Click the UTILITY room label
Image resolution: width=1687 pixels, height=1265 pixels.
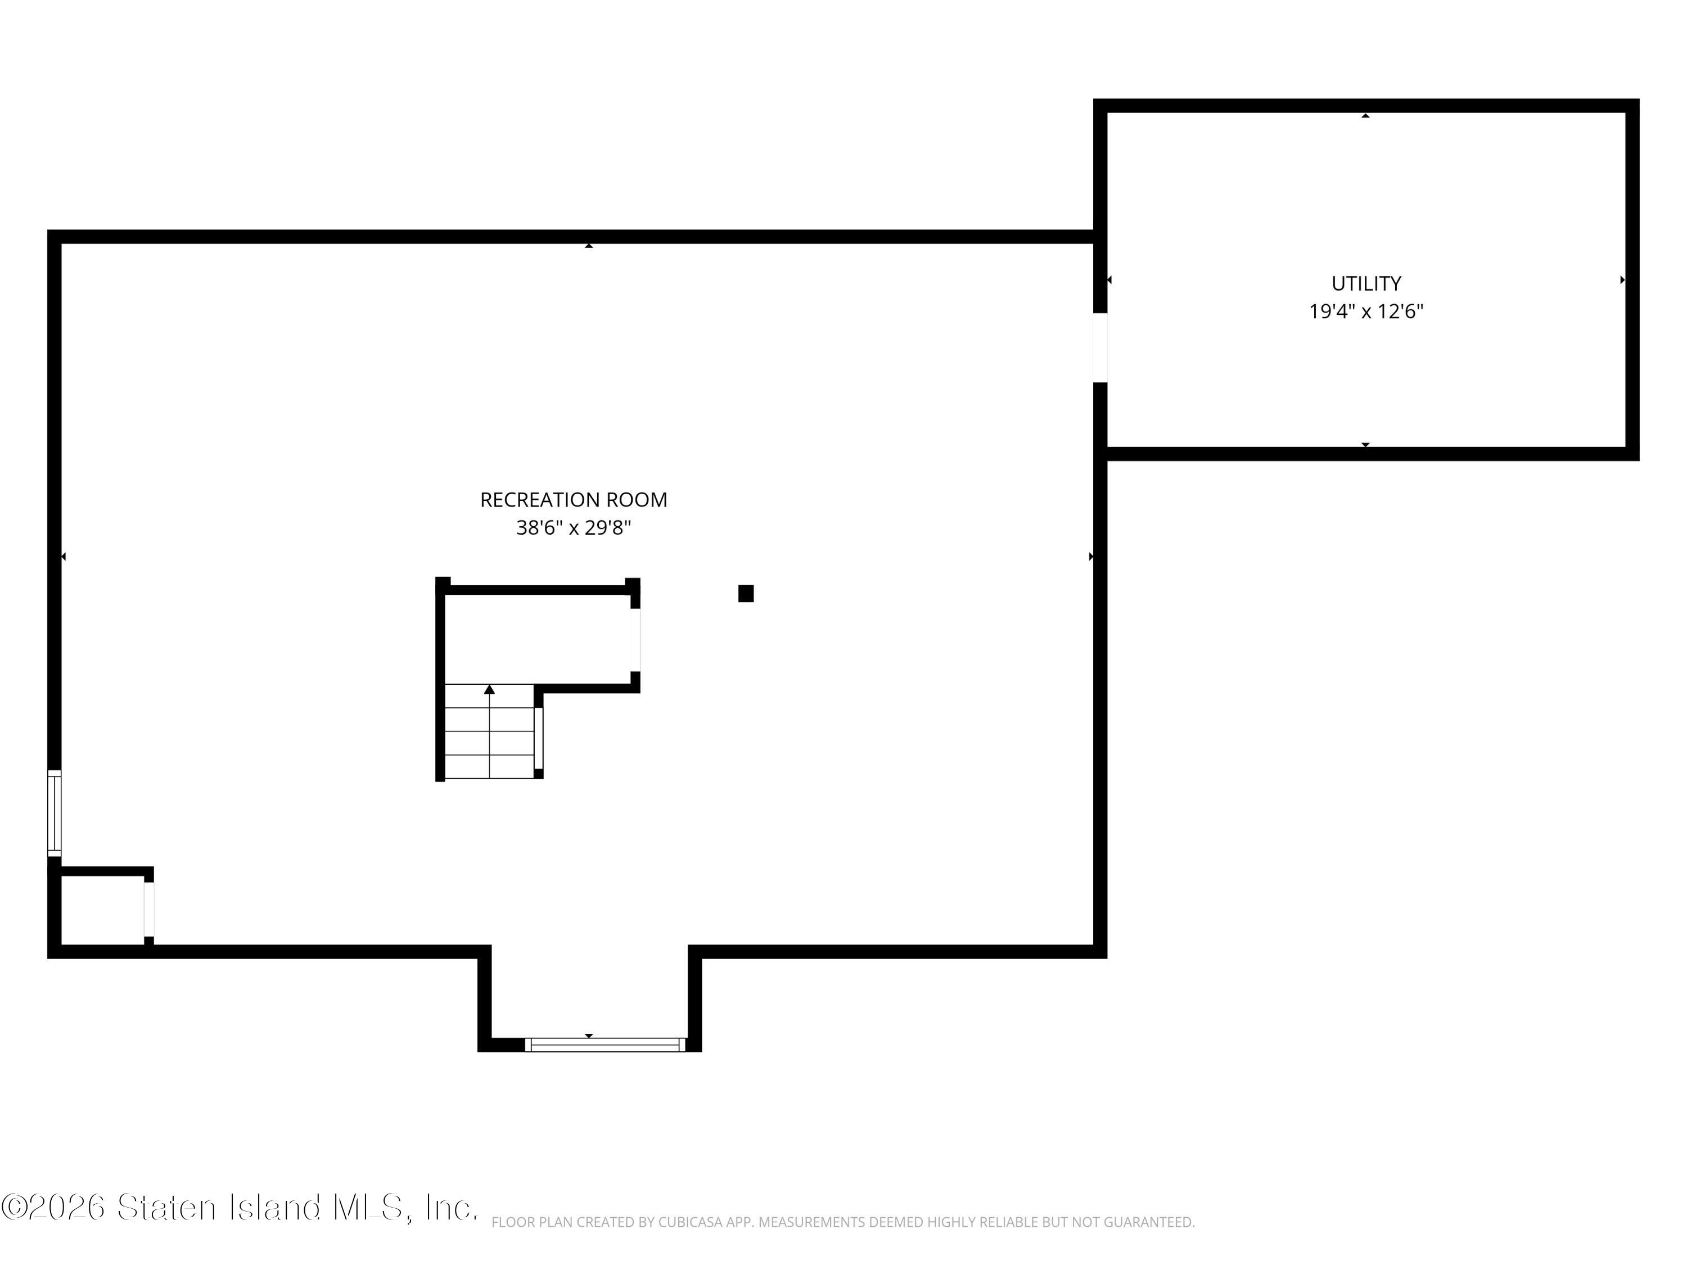(x=1366, y=284)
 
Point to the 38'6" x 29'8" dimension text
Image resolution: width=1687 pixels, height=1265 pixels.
(x=574, y=528)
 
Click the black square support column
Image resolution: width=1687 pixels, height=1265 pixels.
(x=746, y=593)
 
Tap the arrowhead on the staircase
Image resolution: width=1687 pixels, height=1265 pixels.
(x=490, y=689)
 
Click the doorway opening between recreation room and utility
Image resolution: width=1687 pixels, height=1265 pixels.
(x=1100, y=347)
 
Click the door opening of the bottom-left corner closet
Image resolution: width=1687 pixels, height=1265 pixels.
(x=148, y=909)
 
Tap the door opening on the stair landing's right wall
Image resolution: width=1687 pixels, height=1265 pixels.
(x=635, y=640)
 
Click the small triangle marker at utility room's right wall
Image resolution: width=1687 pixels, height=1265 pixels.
(x=1622, y=280)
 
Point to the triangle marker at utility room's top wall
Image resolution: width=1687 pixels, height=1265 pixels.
(x=1366, y=116)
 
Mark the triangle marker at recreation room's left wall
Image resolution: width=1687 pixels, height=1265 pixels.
(x=64, y=557)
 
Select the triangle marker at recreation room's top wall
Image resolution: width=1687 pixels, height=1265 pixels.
(x=589, y=246)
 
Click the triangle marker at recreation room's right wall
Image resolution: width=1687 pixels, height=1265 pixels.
(x=1091, y=557)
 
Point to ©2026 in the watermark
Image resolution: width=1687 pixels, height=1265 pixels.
(x=53, y=1207)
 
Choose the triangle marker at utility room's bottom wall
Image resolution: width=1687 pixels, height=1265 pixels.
(x=1366, y=445)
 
